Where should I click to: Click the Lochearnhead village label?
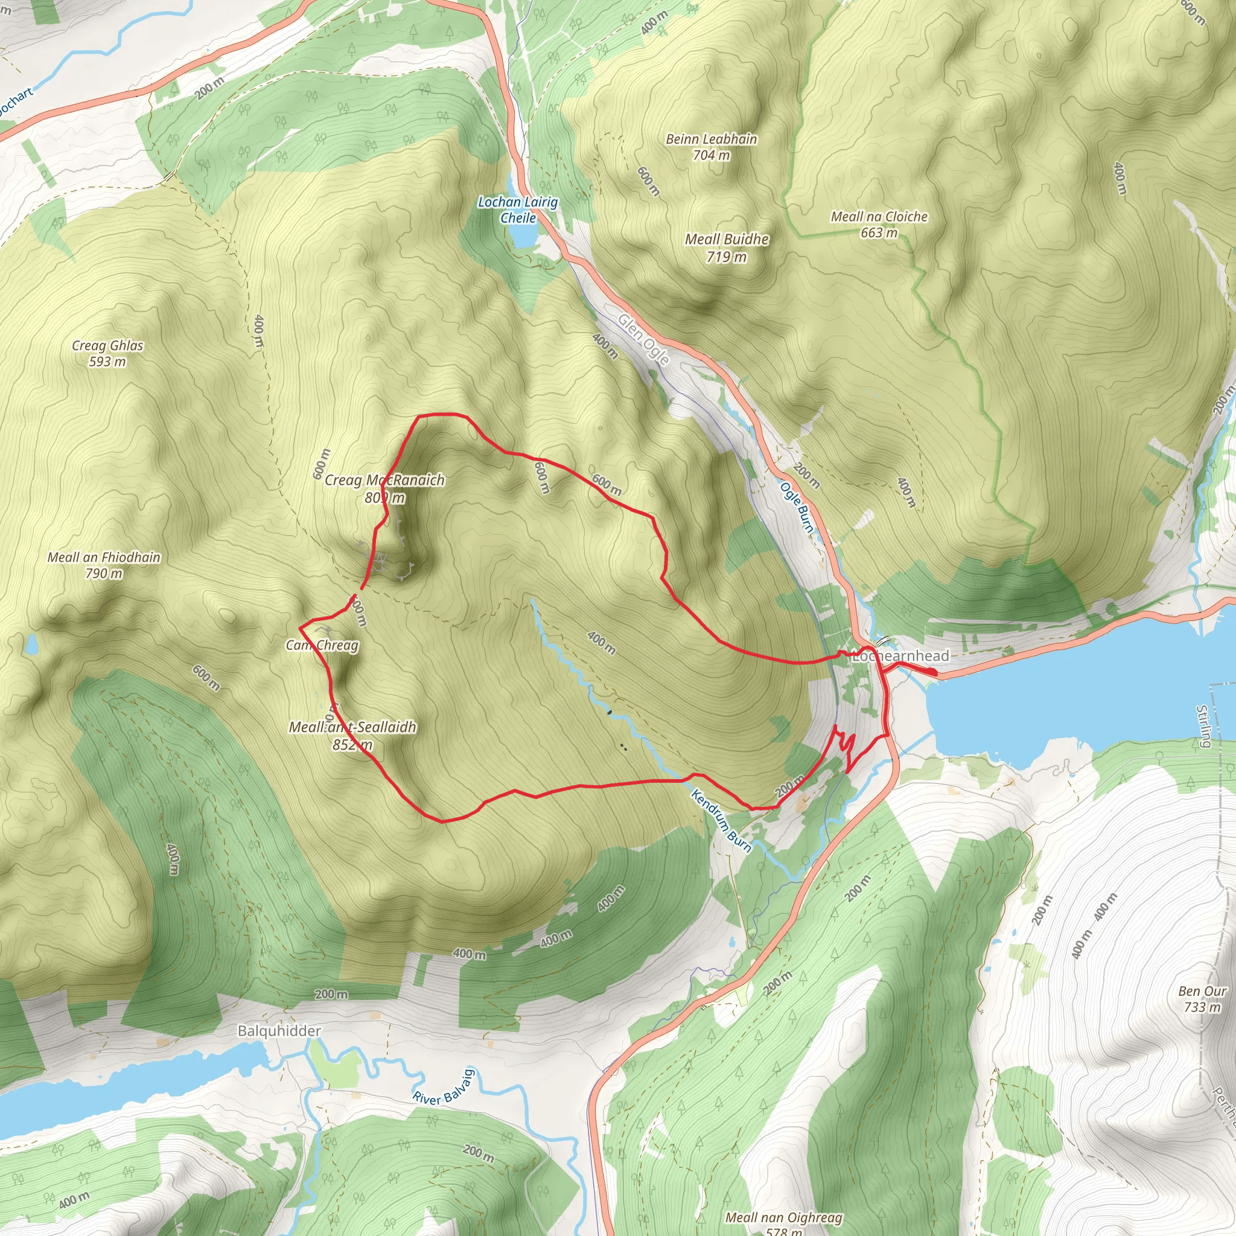[901, 656]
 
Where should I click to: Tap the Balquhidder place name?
[279, 1031]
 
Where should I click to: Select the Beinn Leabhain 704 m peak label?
[712, 147]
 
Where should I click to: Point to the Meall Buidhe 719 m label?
[727, 247]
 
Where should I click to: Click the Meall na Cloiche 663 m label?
[879, 225]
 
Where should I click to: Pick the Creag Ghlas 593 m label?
[107, 353]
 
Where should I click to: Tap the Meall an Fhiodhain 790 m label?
[104, 565]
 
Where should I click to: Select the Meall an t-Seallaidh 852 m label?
[352, 735]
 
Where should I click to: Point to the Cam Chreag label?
[322, 645]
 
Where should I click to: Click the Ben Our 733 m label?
[1202, 999]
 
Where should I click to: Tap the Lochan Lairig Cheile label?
[518, 210]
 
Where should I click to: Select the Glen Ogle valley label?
[643, 339]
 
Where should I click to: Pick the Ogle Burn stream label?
[797, 508]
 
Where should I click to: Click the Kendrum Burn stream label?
[722, 821]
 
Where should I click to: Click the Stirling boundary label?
[1203, 725]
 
